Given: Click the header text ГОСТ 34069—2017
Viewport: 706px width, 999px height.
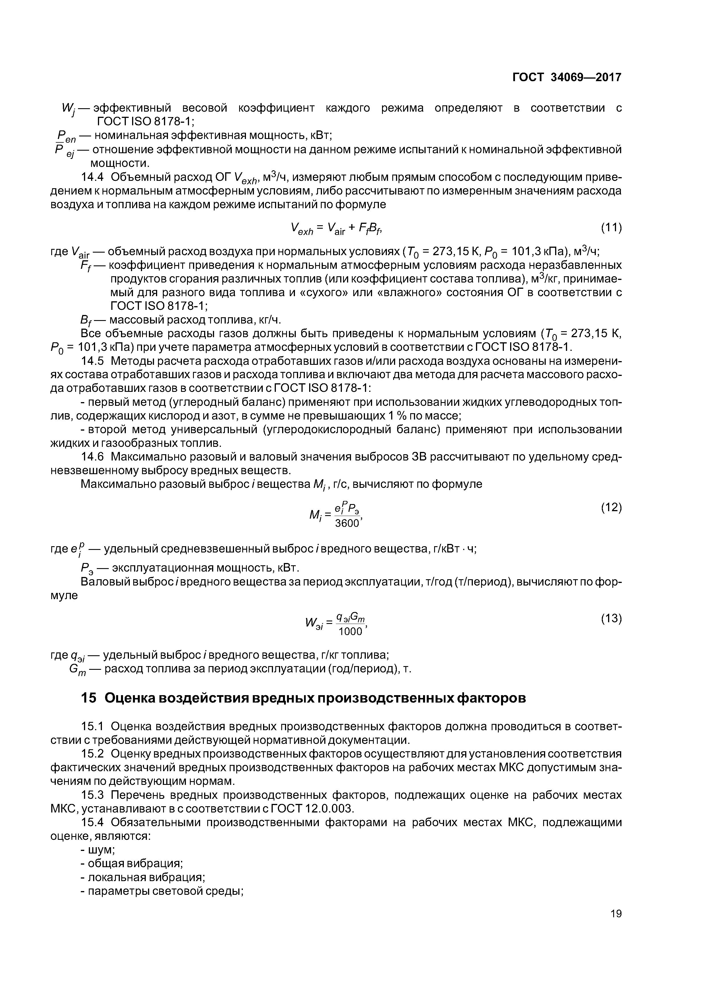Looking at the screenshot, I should [567, 77].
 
